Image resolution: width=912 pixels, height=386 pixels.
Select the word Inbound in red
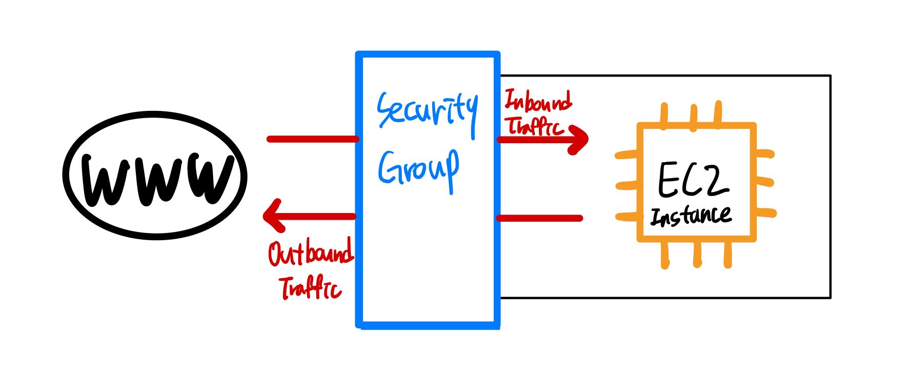point(538,101)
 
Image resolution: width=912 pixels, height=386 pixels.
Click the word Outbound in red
point(311,252)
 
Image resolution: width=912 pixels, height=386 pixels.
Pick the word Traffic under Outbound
point(310,287)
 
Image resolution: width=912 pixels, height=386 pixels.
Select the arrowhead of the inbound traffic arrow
point(581,139)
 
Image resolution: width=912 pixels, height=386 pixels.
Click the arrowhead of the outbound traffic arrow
point(272,216)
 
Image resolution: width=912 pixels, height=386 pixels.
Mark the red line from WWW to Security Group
point(312,139)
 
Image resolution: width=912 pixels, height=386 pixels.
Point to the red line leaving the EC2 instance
point(540,218)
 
